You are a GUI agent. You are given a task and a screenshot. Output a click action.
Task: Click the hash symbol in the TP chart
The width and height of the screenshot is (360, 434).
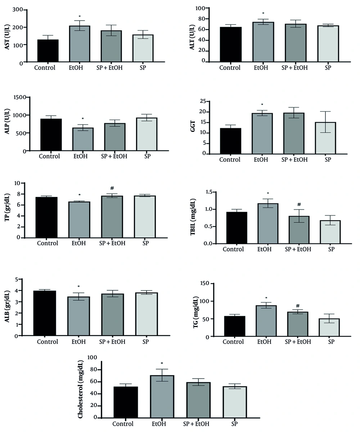(112, 188)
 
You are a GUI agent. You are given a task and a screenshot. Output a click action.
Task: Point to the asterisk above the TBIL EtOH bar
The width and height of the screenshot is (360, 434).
(267, 193)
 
